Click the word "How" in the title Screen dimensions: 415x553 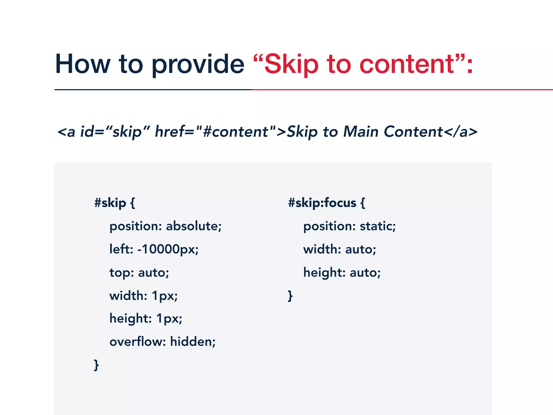tap(83, 64)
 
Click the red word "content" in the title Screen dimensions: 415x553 tap(407, 64)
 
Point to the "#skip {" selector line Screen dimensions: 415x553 tap(114, 203)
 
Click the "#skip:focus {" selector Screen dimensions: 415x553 tap(326, 203)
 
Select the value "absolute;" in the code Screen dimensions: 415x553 tap(194, 226)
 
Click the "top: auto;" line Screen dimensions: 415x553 tap(139, 272)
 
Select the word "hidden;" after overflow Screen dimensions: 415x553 tap(193, 342)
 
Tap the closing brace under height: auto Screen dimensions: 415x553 tap(290, 296)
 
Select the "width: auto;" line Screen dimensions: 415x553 tap(339, 249)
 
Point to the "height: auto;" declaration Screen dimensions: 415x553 tap(342, 272)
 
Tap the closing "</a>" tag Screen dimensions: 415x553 tap(460, 132)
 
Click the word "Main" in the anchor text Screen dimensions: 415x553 tap(361, 132)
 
